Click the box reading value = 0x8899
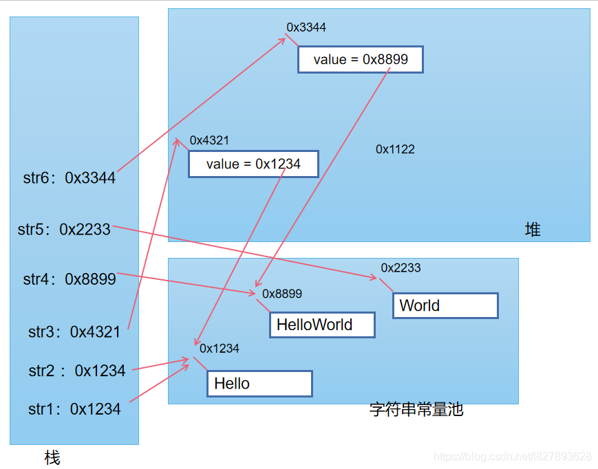coord(360,60)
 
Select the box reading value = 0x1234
coord(253,164)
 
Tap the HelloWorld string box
coord(322,325)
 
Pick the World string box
coord(445,305)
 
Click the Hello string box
coord(259,384)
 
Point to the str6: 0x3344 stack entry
coord(70,178)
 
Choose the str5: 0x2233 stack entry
coord(64,229)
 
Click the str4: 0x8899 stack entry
coord(70,279)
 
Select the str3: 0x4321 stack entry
coord(74,331)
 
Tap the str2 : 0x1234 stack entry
coord(77,371)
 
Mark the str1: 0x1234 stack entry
coord(74,409)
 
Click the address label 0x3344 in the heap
coord(306,28)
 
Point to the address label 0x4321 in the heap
coord(209,140)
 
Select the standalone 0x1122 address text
coord(395,149)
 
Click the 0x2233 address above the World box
coord(401,268)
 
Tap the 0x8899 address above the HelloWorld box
coord(282,294)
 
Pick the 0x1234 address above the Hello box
coord(220,349)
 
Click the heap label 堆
coord(533,230)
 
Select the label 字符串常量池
coord(416,410)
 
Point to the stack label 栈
coord(52,457)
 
